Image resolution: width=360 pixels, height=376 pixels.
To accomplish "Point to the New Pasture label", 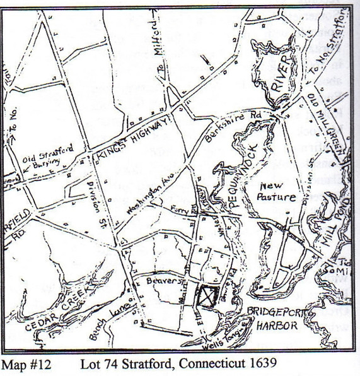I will point(276,191).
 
